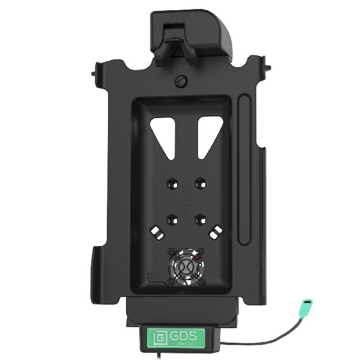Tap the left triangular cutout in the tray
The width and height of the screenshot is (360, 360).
(162, 134)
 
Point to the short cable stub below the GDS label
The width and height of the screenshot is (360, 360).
(181, 355)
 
